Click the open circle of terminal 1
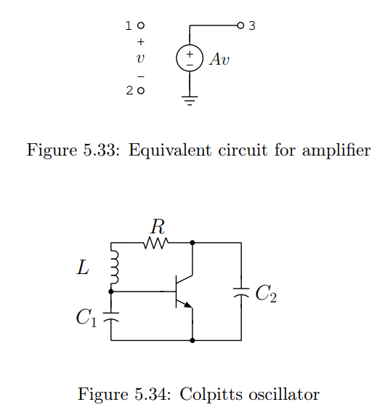click(x=141, y=26)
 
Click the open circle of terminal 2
click(x=141, y=91)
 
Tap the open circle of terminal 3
click(x=240, y=26)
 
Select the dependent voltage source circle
click(x=190, y=58)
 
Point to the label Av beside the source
click(x=219, y=60)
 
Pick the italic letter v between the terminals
click(x=140, y=60)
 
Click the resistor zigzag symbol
click(x=157, y=243)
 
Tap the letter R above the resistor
click(x=157, y=225)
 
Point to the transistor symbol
click(x=184, y=290)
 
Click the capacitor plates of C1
click(x=110, y=316)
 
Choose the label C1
click(x=86, y=318)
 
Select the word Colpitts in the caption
click(x=210, y=395)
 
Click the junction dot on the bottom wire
click(x=192, y=339)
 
